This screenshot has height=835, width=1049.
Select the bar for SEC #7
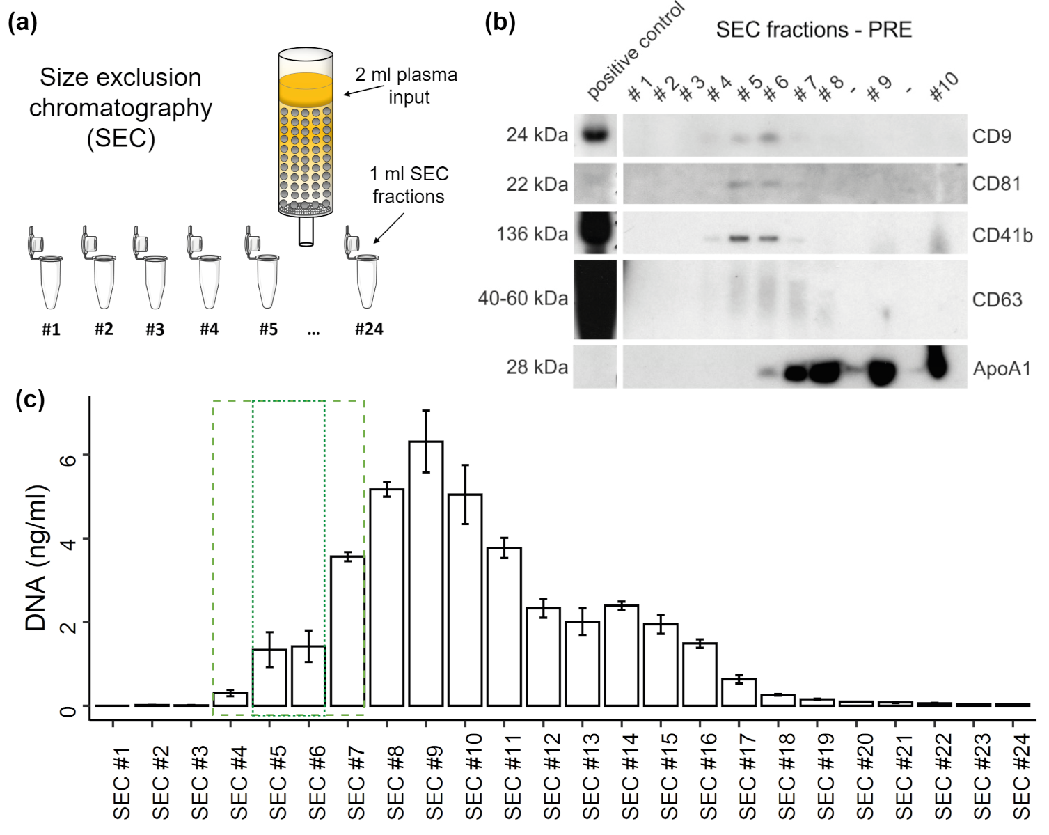(347, 630)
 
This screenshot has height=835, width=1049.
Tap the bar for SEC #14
(622, 655)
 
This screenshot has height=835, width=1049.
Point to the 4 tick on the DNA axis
(68, 539)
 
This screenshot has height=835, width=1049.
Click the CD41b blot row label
(1002, 235)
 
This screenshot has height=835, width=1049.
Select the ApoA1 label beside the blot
(1001, 368)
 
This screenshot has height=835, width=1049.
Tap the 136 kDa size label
(533, 234)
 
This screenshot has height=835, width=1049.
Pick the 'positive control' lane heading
(635, 52)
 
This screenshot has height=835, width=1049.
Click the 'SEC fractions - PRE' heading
(814, 30)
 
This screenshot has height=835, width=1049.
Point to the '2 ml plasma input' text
(407, 86)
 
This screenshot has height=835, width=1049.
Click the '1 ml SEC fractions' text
(409, 185)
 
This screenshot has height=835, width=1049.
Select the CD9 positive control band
(595, 134)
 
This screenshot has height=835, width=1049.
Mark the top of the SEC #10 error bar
(465, 465)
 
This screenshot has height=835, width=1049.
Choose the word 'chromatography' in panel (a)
(120, 108)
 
